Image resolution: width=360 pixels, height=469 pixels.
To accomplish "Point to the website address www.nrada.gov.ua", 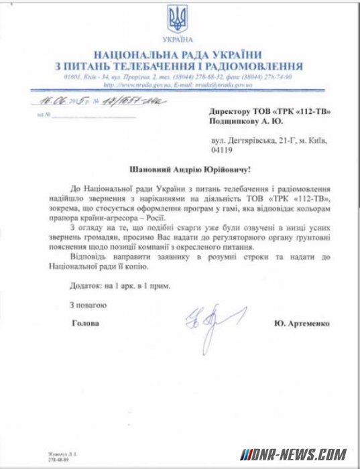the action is pos(129,85).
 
